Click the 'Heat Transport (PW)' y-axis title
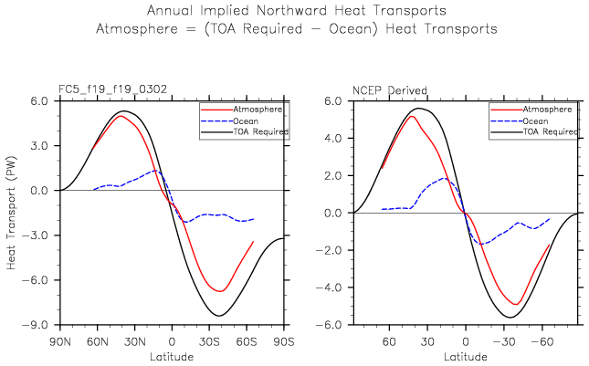(11, 212)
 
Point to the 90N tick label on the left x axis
(60, 341)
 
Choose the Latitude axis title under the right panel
(465, 355)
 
